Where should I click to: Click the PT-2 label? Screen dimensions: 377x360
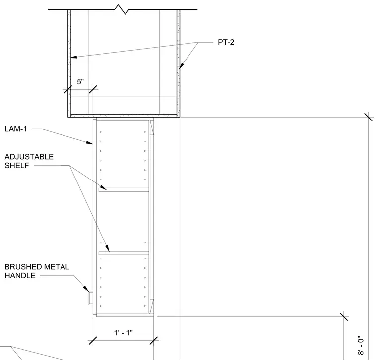point(226,42)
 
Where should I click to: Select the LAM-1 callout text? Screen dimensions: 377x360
point(16,129)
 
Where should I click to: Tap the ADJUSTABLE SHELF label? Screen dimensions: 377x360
point(29,161)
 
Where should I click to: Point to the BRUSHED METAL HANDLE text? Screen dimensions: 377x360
point(37,271)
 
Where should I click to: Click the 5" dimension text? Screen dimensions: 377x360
point(80,82)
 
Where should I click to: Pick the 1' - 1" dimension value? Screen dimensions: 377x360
point(124,333)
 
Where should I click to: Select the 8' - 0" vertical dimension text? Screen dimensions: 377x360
point(361,345)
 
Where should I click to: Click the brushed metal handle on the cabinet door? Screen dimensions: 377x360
point(90,298)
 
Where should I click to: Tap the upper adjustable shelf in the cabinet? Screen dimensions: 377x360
point(124,190)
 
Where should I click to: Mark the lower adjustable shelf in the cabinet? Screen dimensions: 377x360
point(124,253)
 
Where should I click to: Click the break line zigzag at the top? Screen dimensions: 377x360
point(122,9)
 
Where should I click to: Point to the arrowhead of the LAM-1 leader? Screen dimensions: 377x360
point(90,143)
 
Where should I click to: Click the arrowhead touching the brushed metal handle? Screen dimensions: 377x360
point(86,288)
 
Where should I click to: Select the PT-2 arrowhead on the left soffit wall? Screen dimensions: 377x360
point(73,57)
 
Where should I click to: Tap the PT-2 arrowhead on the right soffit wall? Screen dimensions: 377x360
point(181,65)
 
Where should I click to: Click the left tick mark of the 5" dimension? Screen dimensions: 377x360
point(67,89)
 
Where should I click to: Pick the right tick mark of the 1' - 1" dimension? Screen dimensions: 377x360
point(154,340)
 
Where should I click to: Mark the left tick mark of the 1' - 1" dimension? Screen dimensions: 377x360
point(93,340)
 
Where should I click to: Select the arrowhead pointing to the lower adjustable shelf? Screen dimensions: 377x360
point(107,248)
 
